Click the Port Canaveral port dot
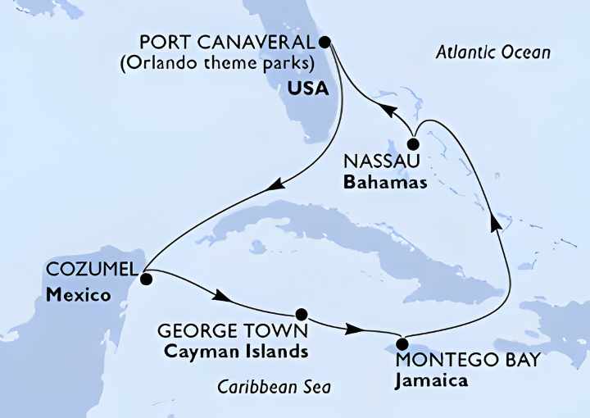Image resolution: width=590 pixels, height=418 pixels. pos(324,41)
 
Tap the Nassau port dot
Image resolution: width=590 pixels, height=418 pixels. pos(413,143)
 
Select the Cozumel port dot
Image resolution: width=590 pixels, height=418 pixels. pos(146,279)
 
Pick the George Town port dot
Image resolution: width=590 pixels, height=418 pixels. pos(302,314)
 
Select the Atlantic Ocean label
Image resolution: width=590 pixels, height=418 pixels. pos(493,53)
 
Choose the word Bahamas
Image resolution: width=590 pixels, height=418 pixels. pos(385,182)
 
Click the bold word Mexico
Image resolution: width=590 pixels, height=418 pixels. pos(79,293)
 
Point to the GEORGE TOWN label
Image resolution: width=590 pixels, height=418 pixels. pos(232,331)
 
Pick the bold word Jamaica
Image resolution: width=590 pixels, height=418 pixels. pos(431,380)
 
